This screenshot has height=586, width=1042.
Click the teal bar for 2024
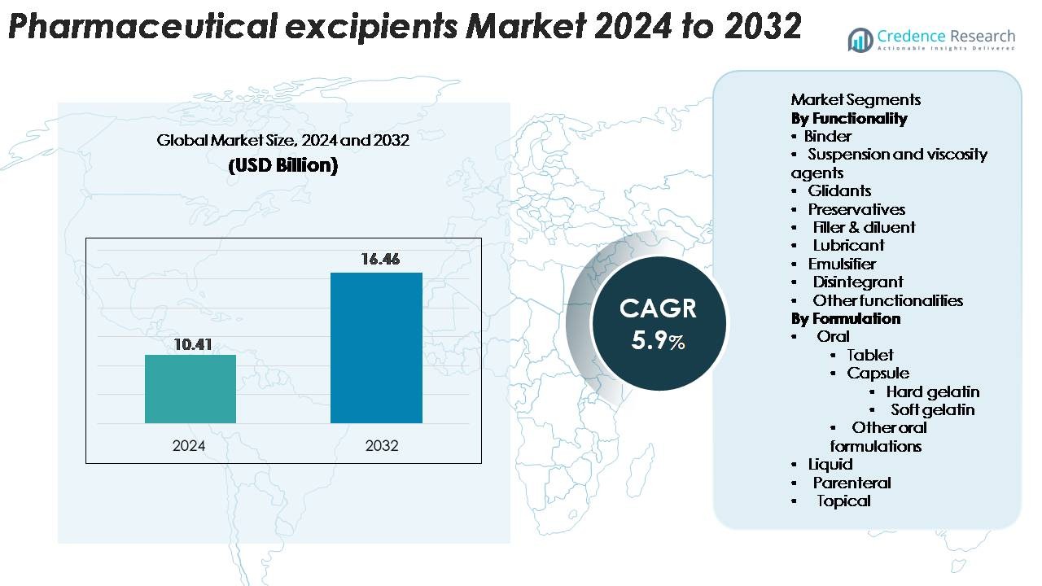(190, 389)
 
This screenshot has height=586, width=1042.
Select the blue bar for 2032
(376, 348)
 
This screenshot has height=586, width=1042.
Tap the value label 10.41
(192, 344)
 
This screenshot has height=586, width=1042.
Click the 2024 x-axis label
(189, 446)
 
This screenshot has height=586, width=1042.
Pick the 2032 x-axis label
(382, 446)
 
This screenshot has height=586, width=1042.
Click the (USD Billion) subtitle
(282, 165)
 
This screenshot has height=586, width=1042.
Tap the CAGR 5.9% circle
(658, 323)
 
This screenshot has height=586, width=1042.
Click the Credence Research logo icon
(860, 40)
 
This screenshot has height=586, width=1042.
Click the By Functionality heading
(849, 118)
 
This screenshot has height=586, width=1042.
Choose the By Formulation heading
(846, 318)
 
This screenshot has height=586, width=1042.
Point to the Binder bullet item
(827, 136)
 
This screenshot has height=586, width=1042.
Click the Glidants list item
(839, 190)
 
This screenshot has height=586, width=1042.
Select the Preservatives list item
(856, 209)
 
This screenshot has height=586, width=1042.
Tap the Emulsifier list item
(842, 264)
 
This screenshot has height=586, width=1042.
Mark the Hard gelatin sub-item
(933, 391)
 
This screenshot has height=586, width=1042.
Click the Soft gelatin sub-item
(932, 409)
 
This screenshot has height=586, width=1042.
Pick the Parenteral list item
(852, 483)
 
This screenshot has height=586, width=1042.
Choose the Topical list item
(843, 501)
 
